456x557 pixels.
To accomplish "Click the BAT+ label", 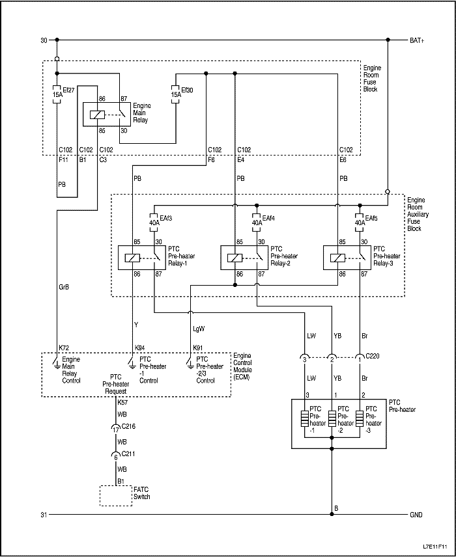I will click(x=417, y=40).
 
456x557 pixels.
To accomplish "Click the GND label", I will click(x=416, y=515).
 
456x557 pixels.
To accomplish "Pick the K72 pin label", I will click(x=64, y=348).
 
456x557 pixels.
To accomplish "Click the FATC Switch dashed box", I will click(x=115, y=496).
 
